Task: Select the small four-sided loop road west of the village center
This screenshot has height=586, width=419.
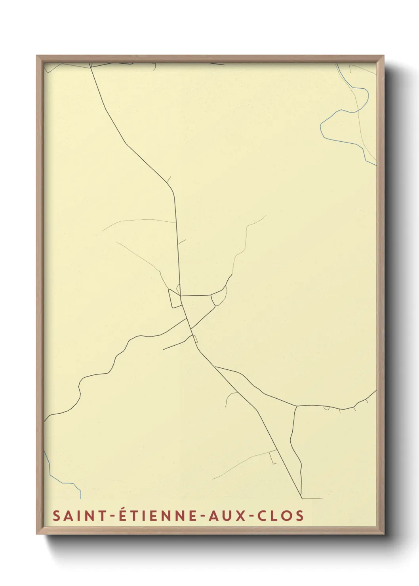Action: pyautogui.click(x=174, y=299)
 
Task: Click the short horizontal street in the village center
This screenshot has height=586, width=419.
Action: pyautogui.click(x=196, y=295)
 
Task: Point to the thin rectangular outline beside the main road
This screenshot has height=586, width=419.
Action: pyautogui.click(x=195, y=339)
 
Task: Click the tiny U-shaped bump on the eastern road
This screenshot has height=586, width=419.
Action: pyautogui.click(x=326, y=408)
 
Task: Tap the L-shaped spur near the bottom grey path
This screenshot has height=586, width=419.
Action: pyautogui.click(x=272, y=459)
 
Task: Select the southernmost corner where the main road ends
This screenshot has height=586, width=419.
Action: pyautogui.click(x=302, y=498)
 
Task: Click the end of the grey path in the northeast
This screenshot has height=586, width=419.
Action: pyautogui.click(x=265, y=216)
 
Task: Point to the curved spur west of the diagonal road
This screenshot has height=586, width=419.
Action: pyautogui.click(x=230, y=398)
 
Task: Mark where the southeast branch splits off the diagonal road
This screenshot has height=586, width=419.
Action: pyautogui.click(x=215, y=367)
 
